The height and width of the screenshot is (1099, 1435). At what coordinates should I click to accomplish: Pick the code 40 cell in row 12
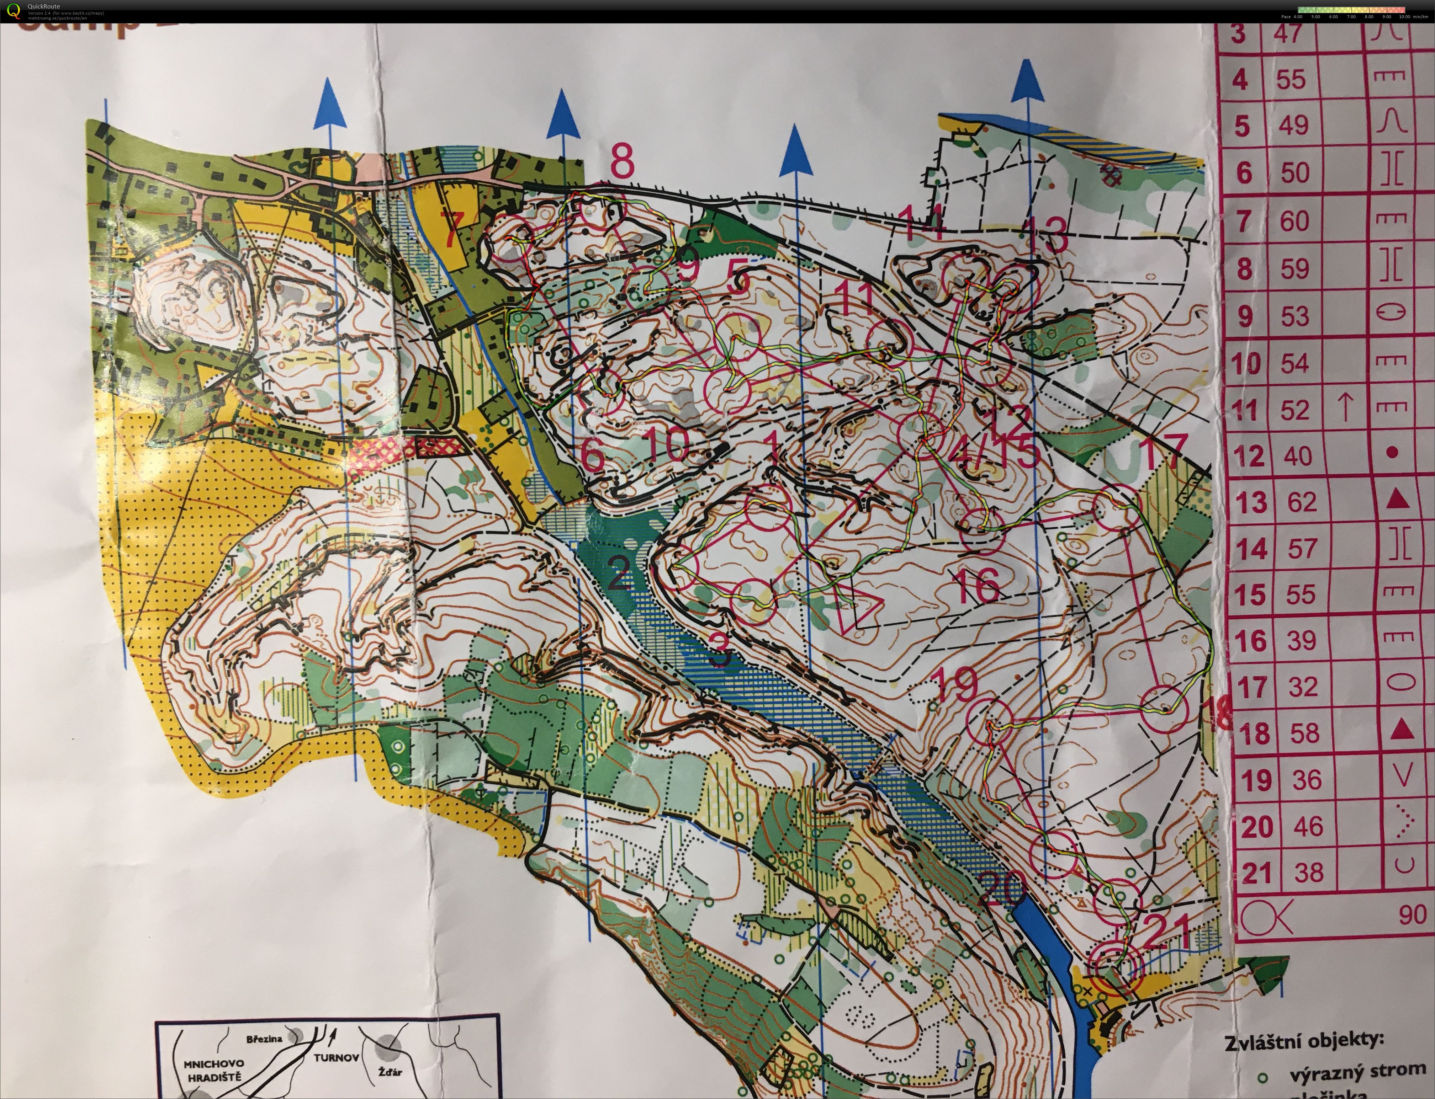[x=1298, y=455]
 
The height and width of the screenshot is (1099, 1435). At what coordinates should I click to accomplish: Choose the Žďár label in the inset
[x=390, y=1072]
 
